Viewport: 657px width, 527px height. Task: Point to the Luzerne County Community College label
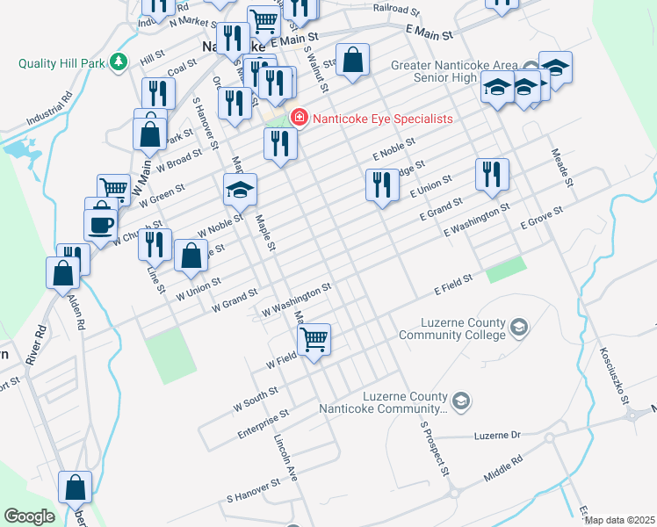pos(452,328)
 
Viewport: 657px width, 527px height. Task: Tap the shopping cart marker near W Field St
pos(314,337)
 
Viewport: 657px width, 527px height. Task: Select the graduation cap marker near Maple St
pos(240,187)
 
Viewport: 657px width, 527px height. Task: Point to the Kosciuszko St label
pos(614,372)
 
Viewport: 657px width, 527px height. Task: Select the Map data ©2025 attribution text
pos(619,520)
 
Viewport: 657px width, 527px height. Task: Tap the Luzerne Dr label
pos(497,436)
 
